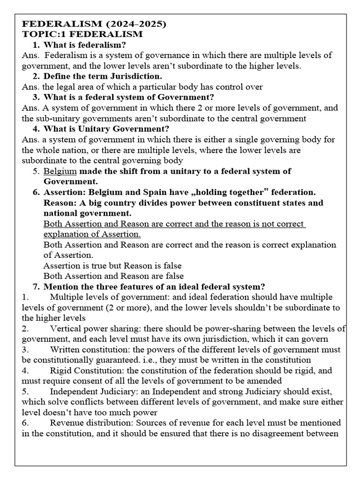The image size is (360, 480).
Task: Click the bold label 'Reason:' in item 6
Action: [x=60, y=203]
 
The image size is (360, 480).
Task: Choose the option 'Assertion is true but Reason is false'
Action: [x=112, y=266]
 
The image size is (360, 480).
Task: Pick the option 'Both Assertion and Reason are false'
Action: [x=113, y=276]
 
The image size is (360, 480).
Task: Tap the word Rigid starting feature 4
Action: [x=61, y=370]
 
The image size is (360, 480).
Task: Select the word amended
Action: [x=263, y=381]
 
